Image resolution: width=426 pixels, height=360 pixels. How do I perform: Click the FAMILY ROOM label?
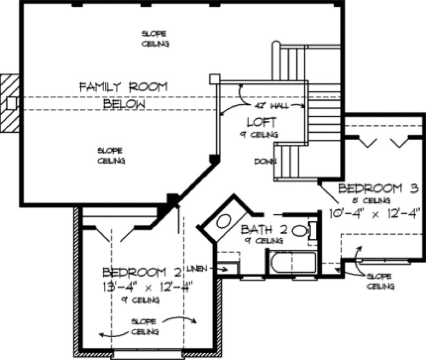click(x=123, y=87)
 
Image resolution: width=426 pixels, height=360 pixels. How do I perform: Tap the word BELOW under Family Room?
click(x=124, y=104)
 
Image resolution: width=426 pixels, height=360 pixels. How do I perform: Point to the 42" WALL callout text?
click(x=272, y=104)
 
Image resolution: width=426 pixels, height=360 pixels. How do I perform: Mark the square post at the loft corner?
click(x=214, y=79)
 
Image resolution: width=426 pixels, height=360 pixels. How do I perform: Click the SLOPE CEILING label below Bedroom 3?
click(x=380, y=281)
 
